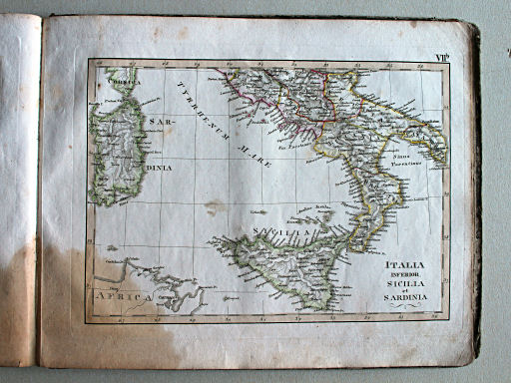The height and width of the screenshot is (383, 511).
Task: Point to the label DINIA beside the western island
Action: click(157, 168)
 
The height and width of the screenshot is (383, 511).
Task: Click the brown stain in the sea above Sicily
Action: click(215, 210)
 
